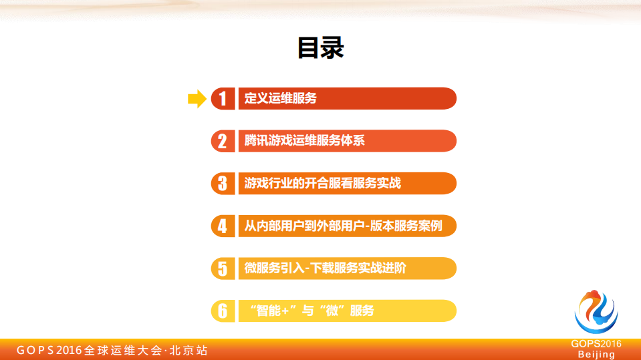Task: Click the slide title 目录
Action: click(x=320, y=48)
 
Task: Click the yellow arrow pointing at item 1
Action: click(x=197, y=99)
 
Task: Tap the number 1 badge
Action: click(x=223, y=99)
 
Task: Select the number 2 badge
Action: click(x=223, y=141)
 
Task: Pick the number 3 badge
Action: click(x=223, y=184)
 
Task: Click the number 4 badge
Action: click(x=223, y=226)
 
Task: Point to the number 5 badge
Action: click(x=223, y=268)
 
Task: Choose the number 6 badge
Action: click(x=223, y=311)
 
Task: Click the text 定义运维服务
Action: click(x=281, y=99)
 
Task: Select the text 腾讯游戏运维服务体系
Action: click(x=305, y=141)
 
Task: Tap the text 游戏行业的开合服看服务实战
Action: click(x=323, y=184)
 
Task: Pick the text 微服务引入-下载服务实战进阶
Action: click(x=326, y=268)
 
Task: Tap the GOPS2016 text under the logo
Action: click(x=596, y=343)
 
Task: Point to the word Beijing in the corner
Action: click(x=596, y=354)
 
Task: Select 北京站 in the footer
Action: click(x=188, y=350)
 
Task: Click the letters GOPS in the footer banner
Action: click(x=35, y=350)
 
